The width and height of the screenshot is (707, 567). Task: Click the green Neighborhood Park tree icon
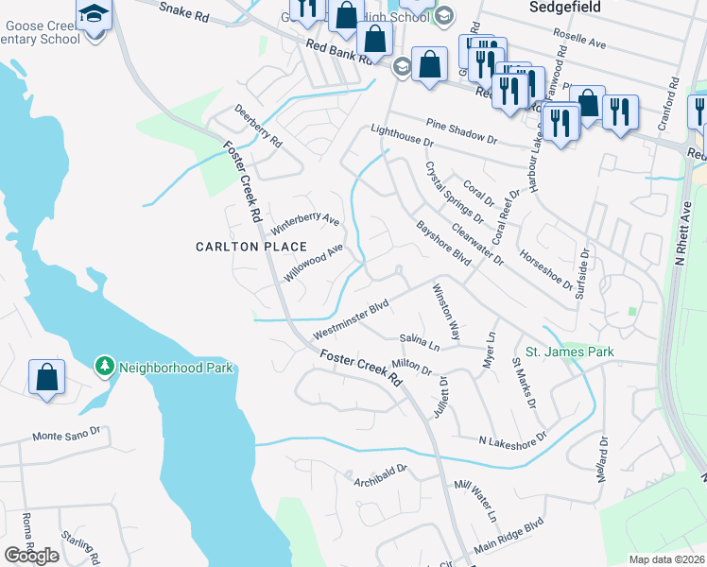[x=104, y=365]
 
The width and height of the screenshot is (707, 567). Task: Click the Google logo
[x=31, y=556]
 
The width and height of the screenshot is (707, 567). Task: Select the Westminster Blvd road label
[x=352, y=321]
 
